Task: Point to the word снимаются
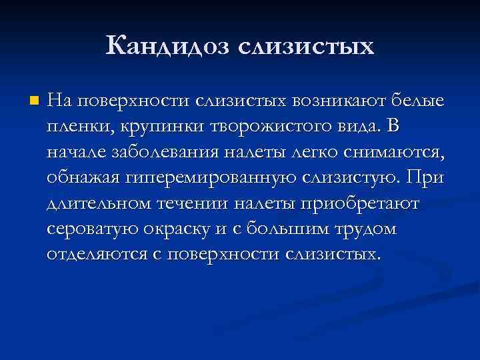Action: click(x=400, y=152)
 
